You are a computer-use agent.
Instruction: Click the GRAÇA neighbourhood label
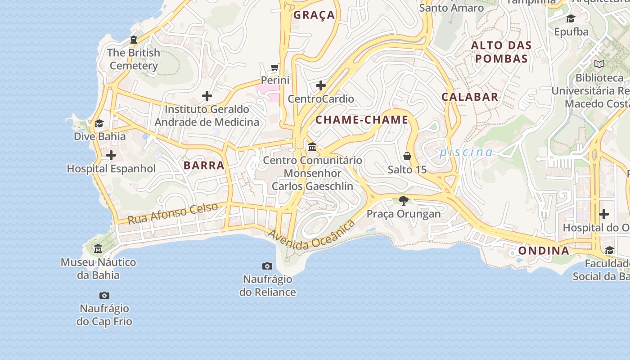pyautogui.click(x=314, y=15)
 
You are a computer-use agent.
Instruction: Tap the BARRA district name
pyautogui.click(x=204, y=165)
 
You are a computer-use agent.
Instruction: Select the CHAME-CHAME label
pyautogui.click(x=362, y=120)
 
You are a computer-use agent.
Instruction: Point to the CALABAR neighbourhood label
pyautogui.click(x=470, y=97)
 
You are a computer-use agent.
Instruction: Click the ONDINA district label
pyautogui.click(x=544, y=251)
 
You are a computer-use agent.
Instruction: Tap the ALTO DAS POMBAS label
pyautogui.click(x=501, y=52)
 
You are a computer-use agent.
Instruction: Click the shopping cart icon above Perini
pyautogui.click(x=275, y=67)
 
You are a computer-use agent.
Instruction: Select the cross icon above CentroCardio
pyautogui.click(x=321, y=85)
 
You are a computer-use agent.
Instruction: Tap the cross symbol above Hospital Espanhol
pyautogui.click(x=111, y=156)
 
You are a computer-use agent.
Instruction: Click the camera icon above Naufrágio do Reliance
pyautogui.click(x=267, y=266)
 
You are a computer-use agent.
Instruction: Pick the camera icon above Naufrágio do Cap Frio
pyautogui.click(x=104, y=295)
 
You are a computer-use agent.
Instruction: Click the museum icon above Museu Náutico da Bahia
pyautogui.click(x=98, y=248)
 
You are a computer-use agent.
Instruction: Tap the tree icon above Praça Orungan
pyautogui.click(x=404, y=200)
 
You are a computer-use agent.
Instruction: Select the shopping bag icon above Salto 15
pyautogui.click(x=407, y=156)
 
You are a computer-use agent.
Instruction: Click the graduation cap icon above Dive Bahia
pyautogui.click(x=99, y=123)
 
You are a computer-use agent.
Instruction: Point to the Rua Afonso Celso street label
pyautogui.click(x=173, y=213)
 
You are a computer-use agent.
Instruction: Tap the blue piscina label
pyautogui.click(x=466, y=152)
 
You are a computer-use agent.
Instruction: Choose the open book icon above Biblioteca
pyautogui.click(x=599, y=64)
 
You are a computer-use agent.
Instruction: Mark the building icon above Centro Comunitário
pyautogui.click(x=312, y=147)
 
